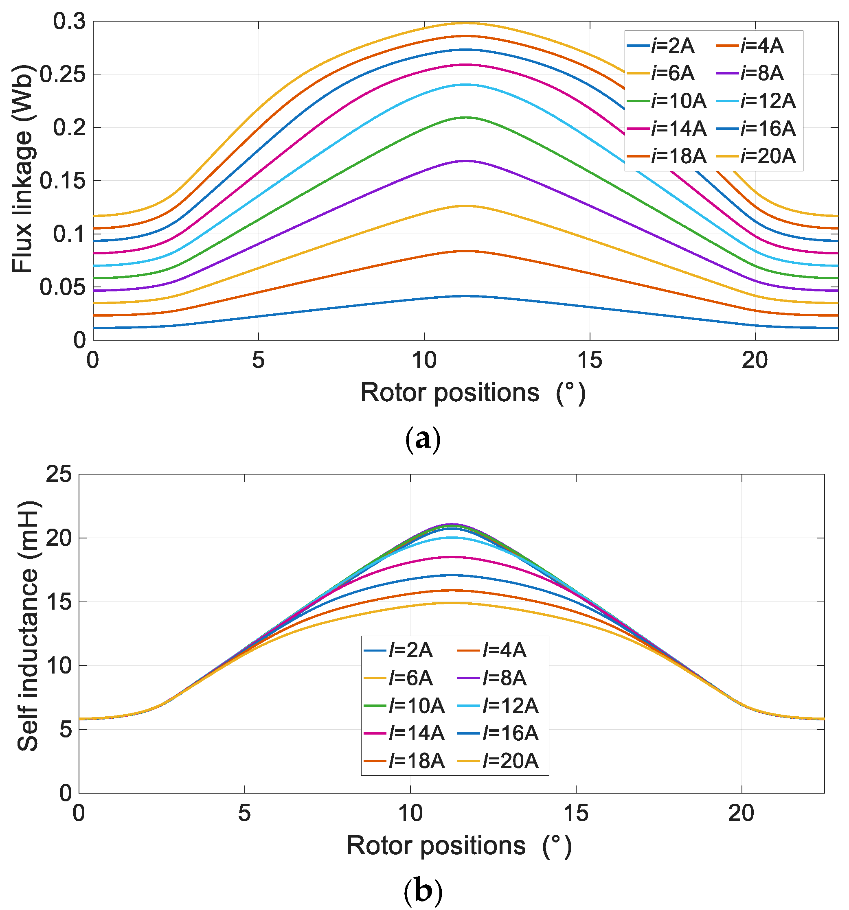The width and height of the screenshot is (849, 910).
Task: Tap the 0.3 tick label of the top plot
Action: click(x=70, y=21)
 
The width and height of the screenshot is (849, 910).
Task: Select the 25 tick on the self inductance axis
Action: click(x=59, y=474)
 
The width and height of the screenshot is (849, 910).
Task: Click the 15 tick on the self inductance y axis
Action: click(x=59, y=602)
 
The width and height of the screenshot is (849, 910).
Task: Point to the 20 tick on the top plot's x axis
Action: click(x=754, y=361)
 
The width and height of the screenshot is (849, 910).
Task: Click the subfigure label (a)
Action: click(x=423, y=439)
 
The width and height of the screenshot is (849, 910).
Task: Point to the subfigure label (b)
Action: click(x=423, y=891)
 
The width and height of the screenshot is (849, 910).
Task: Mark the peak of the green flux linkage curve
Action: click(x=466, y=118)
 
